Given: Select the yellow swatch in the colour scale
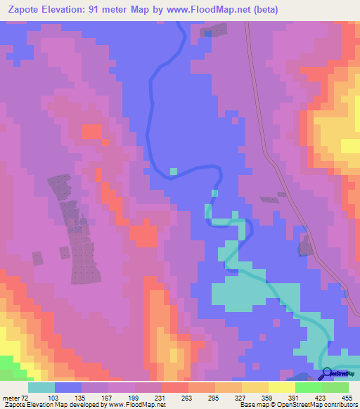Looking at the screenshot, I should click(x=282, y=387).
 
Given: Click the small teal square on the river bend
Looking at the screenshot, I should click(x=174, y=171).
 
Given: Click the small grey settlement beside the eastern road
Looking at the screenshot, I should click(x=306, y=245).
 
